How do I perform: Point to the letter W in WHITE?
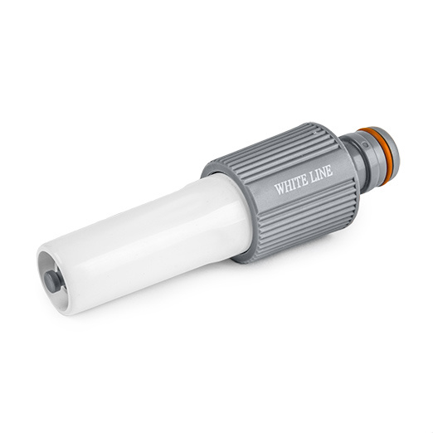[x=280, y=188]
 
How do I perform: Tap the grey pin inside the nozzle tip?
[x=52, y=280]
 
